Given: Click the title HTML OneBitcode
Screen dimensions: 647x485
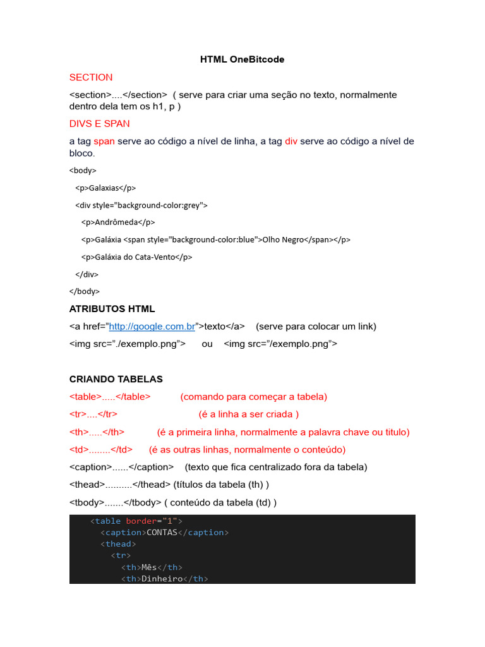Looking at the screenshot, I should tap(242, 59).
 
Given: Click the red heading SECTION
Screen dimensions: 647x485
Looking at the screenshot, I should tap(91, 77).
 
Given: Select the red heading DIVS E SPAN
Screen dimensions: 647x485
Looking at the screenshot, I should tap(99, 123).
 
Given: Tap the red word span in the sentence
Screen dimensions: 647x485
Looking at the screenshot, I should tap(104, 141).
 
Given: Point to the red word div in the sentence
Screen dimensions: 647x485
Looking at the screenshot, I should tap(291, 141).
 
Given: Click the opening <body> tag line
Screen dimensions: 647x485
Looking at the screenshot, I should tap(83, 170).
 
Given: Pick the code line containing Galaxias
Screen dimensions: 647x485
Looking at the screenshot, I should tap(105, 188).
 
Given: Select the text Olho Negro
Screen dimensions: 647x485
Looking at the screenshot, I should tap(283, 240).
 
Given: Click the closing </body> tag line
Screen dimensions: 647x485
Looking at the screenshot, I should tap(84, 291).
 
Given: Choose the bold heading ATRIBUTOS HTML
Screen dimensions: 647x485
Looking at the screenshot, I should tap(112, 309).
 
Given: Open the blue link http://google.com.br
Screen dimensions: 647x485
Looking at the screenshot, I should tap(152, 327).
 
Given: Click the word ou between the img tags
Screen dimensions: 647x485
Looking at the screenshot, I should tap(207, 344).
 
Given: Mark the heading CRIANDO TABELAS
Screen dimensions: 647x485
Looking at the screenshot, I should tap(116, 379).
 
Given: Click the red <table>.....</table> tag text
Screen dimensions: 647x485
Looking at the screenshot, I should tap(110, 397).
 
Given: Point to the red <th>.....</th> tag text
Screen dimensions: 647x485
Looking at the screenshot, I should tap(97, 432).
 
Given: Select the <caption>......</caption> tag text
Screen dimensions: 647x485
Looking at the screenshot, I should tap(121, 467).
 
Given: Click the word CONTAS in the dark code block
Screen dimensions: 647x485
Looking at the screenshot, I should tap(162, 533).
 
